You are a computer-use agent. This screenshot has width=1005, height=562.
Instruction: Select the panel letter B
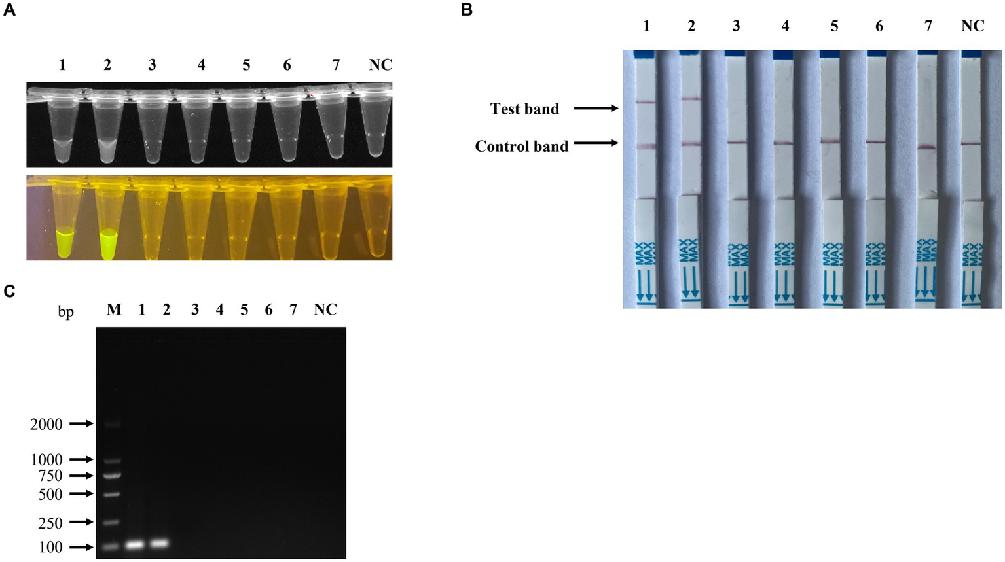(x=467, y=10)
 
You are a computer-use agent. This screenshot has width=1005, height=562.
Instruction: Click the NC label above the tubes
(x=380, y=65)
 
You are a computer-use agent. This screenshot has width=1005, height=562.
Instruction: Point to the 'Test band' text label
(x=524, y=109)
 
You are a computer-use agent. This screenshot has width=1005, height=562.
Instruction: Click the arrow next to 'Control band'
(x=596, y=142)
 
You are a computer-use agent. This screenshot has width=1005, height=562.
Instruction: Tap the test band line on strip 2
(x=691, y=99)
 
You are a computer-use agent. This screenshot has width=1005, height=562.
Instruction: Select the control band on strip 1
(x=646, y=146)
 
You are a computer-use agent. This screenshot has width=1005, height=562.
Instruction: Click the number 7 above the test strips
(x=928, y=26)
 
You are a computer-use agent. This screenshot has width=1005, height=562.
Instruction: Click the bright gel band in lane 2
(x=160, y=543)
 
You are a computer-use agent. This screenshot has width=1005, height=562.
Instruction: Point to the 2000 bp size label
(x=46, y=425)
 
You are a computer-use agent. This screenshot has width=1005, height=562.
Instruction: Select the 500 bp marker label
(x=50, y=495)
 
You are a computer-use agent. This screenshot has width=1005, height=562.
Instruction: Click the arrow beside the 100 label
(x=81, y=547)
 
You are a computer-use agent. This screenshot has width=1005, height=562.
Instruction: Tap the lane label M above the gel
(x=114, y=309)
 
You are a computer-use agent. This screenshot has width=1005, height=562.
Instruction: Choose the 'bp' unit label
(x=65, y=311)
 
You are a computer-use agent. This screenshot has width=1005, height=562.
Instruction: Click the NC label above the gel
(x=325, y=309)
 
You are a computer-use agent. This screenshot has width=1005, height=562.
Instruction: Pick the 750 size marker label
(x=50, y=476)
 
